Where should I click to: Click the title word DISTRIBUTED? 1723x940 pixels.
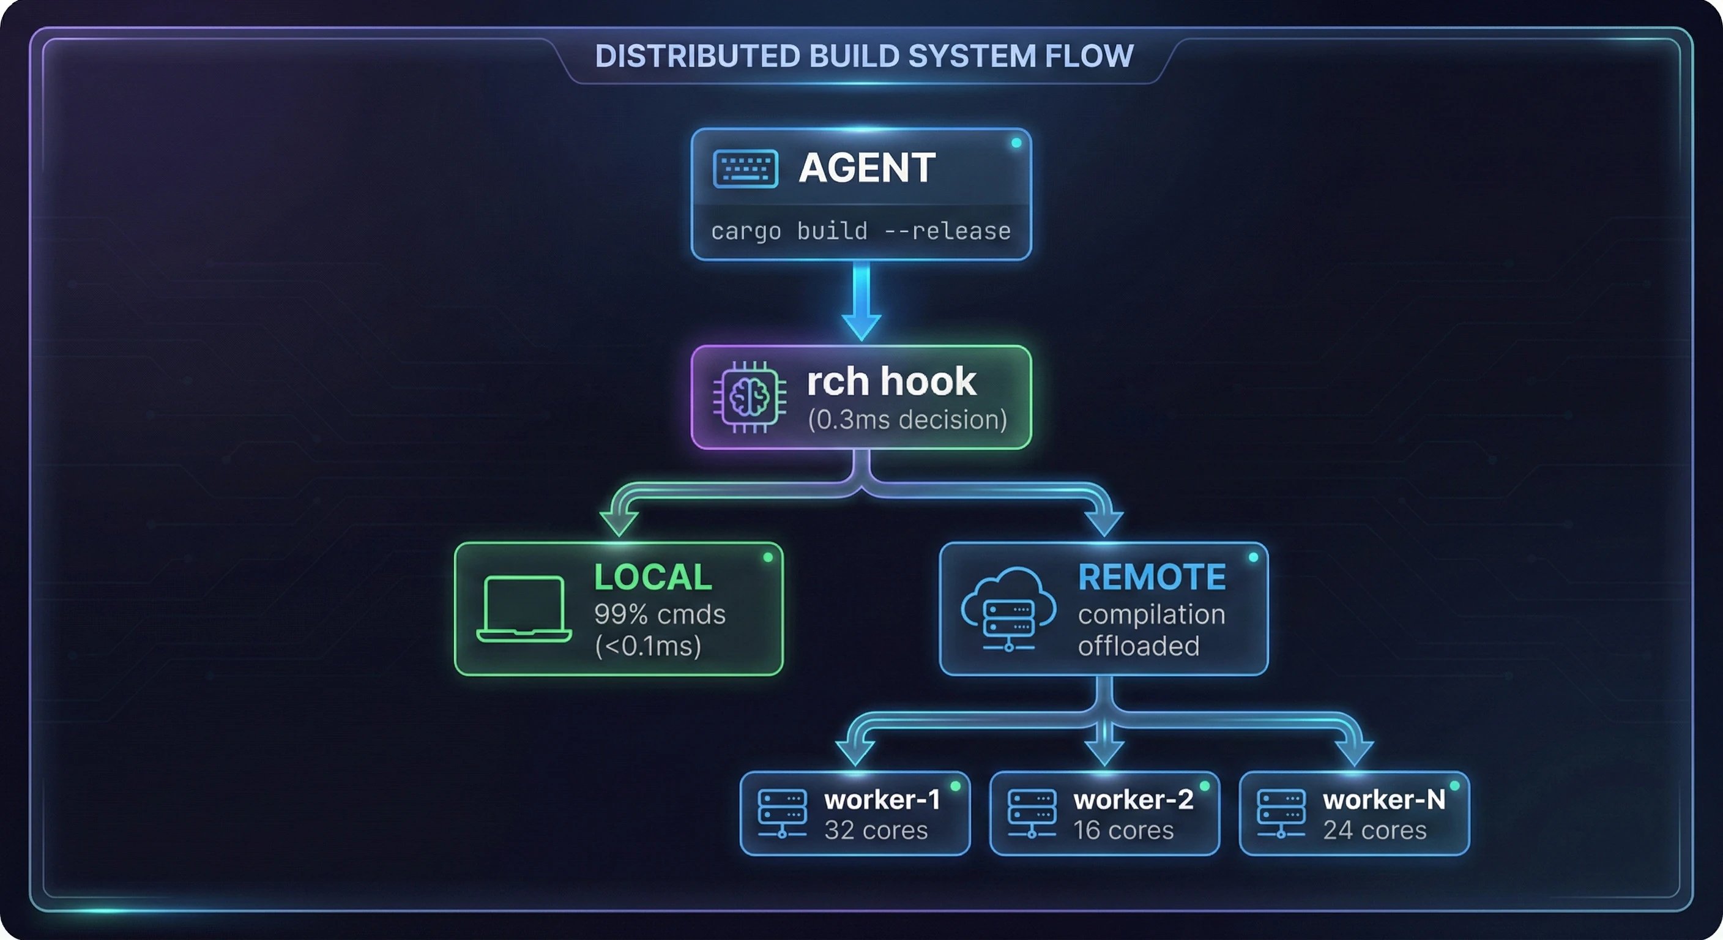[697, 56]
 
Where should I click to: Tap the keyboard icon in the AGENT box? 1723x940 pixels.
[745, 168]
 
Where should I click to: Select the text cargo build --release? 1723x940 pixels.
[861, 231]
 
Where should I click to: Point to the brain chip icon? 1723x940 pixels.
[749, 397]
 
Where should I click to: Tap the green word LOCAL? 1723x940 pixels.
[653, 576]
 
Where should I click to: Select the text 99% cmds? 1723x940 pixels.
[660, 614]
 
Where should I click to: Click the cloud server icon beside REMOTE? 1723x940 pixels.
[1008, 609]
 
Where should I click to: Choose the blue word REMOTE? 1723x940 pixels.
[1152, 576]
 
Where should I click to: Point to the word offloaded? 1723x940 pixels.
[1139, 646]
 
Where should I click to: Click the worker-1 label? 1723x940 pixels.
[882, 799]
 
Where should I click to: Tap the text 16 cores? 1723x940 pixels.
[1124, 830]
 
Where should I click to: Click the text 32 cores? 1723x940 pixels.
[876, 830]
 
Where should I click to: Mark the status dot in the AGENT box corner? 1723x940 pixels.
[1016, 143]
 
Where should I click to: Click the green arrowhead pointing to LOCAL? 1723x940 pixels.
[619, 523]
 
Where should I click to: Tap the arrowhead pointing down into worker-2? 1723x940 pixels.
[1104, 753]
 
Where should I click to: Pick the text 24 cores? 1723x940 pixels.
[1374, 830]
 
